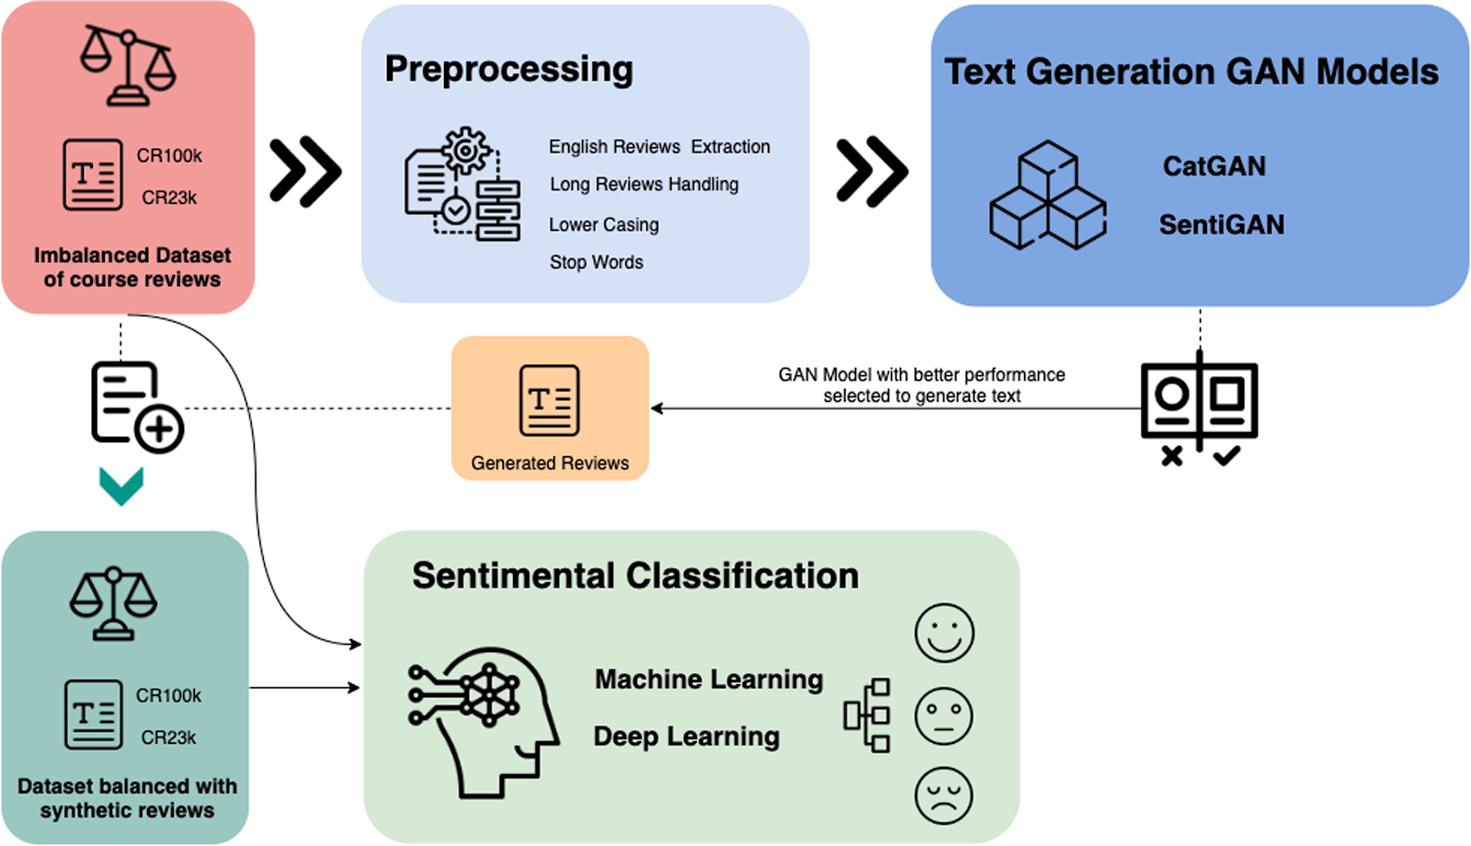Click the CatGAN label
(1214, 166)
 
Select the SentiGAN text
(1221, 225)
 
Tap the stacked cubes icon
(1047, 196)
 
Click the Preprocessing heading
(508, 69)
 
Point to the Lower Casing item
(603, 224)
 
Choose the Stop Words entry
(596, 262)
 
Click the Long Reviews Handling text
(644, 185)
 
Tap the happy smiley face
(943, 633)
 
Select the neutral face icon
(943, 715)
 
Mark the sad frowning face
(943, 795)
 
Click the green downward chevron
(121, 486)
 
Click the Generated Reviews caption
(550, 463)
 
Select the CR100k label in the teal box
(168, 696)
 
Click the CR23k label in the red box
(169, 198)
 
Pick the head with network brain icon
(483, 722)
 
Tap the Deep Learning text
(686, 737)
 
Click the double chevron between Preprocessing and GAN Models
(872, 171)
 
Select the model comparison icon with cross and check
(1199, 407)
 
